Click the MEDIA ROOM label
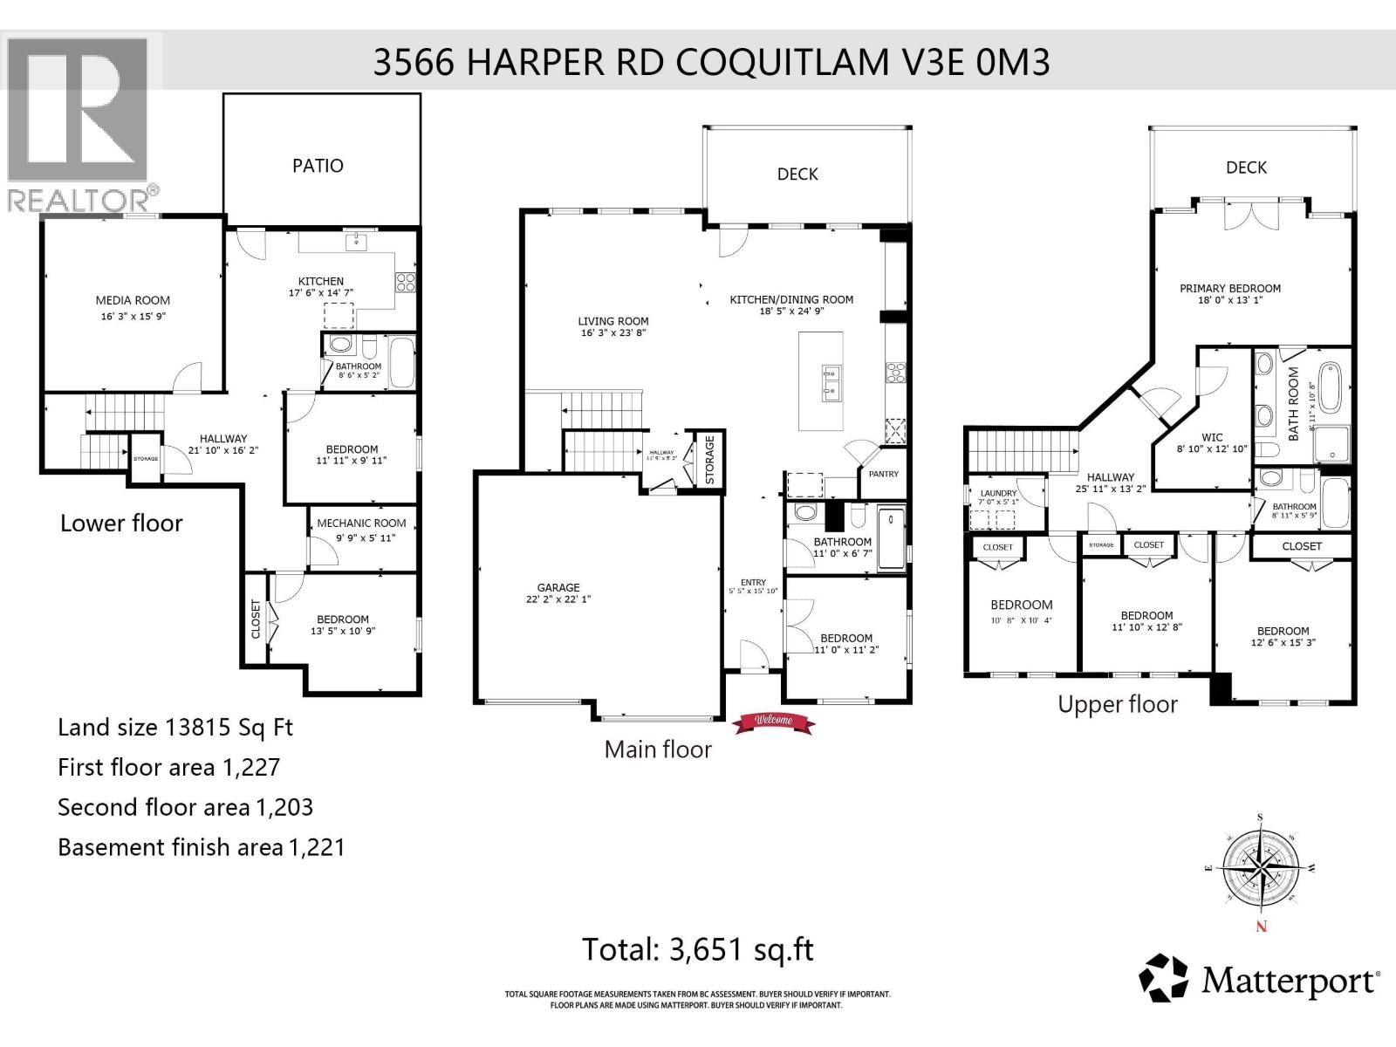coord(133,300)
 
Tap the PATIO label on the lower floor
coord(318,166)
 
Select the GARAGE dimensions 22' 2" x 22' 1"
coord(558,599)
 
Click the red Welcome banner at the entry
coord(773,721)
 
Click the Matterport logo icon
coord(1164,978)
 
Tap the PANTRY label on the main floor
coord(883,475)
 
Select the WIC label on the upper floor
coord(1212,437)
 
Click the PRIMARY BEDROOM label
coord(1230,288)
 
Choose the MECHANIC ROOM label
coord(361,523)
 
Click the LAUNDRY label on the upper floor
coord(998,494)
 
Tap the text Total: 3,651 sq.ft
coord(697,949)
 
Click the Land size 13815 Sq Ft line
coord(174,728)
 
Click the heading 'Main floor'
coord(658,749)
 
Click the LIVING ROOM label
coord(613,321)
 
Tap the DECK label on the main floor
coord(797,174)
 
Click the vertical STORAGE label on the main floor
coord(710,460)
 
